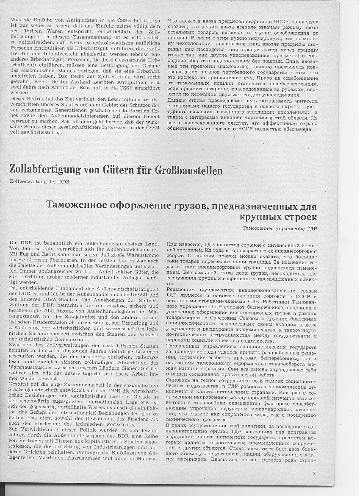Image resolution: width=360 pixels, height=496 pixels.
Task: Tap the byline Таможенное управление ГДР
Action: (280, 229)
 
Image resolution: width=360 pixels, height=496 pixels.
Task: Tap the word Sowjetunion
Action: (77, 323)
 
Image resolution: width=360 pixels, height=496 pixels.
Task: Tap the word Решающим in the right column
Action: (182, 289)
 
